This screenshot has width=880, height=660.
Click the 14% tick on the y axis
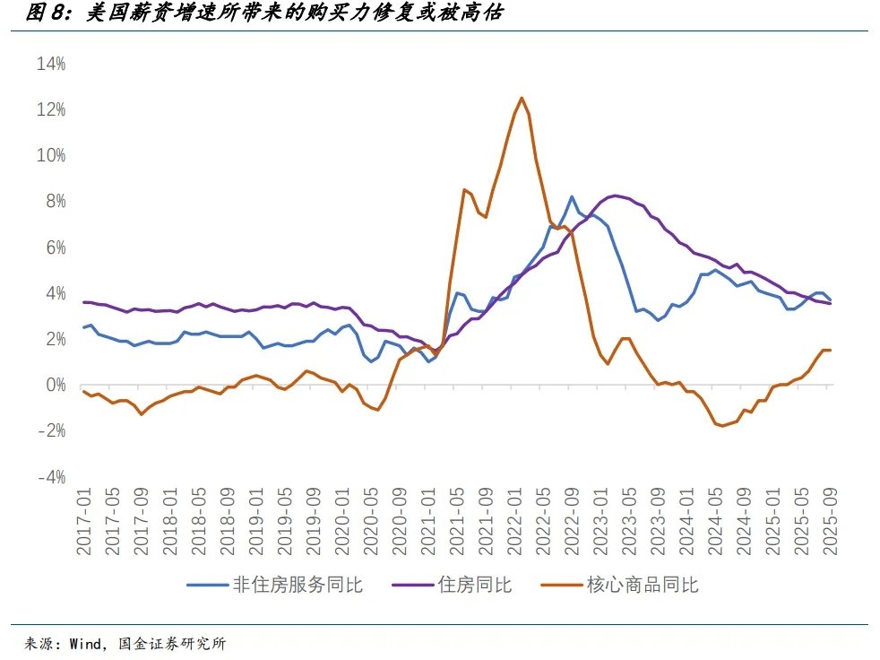50,64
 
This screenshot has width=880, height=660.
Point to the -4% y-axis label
50,477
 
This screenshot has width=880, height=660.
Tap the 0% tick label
54,385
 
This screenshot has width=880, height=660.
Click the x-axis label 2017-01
84,521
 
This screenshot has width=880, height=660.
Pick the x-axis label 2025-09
830,521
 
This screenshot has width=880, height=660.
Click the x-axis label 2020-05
371,521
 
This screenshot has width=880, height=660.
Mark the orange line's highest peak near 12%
522,98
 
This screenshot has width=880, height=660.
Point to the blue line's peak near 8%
572,196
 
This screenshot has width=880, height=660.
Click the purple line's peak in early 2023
616,195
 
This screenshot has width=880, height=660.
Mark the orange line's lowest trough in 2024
722,426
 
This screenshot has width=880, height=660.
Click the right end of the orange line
830,350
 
